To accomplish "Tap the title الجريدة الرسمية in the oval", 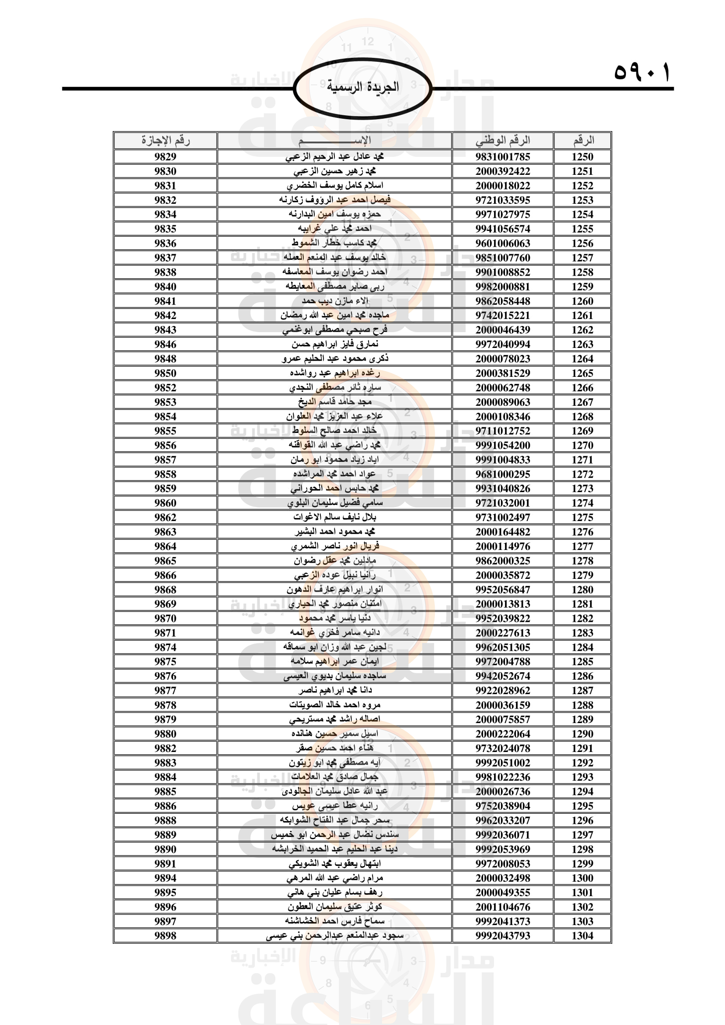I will point(362,87).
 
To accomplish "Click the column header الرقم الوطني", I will point(503,140).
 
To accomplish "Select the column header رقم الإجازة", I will point(165,140).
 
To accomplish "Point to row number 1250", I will point(582,157).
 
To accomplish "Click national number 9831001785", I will point(503,157).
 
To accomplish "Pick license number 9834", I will point(165,214).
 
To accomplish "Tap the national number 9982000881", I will point(503,287).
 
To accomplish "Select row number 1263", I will point(582,344).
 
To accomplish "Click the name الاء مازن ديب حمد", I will point(335,301).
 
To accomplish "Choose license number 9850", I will point(165,373).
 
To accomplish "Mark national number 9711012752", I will point(503,431).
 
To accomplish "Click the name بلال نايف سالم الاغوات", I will point(335,518).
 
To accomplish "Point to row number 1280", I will point(582,590).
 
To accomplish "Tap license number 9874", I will point(165,647).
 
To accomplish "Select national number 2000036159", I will point(503,705).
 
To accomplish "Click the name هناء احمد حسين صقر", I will point(335,748).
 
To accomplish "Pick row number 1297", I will point(582,835).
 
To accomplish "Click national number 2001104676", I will point(503,907).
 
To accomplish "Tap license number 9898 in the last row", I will point(165,936).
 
